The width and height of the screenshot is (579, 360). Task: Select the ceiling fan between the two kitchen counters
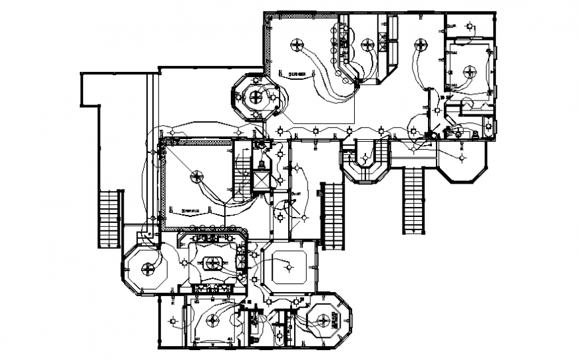tap(367, 45)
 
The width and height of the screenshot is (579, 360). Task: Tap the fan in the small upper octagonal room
tap(255, 97)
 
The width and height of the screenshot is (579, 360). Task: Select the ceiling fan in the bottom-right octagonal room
tap(326, 321)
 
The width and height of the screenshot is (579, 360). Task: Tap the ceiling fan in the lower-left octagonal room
tap(148, 270)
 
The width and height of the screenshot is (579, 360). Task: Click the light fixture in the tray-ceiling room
tap(288, 266)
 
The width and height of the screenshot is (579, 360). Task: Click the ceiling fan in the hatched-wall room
tap(197, 176)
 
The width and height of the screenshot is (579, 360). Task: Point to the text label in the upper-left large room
tap(296, 73)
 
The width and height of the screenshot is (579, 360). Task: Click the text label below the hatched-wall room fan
tap(193, 210)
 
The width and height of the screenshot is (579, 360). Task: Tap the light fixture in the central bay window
tap(365, 159)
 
